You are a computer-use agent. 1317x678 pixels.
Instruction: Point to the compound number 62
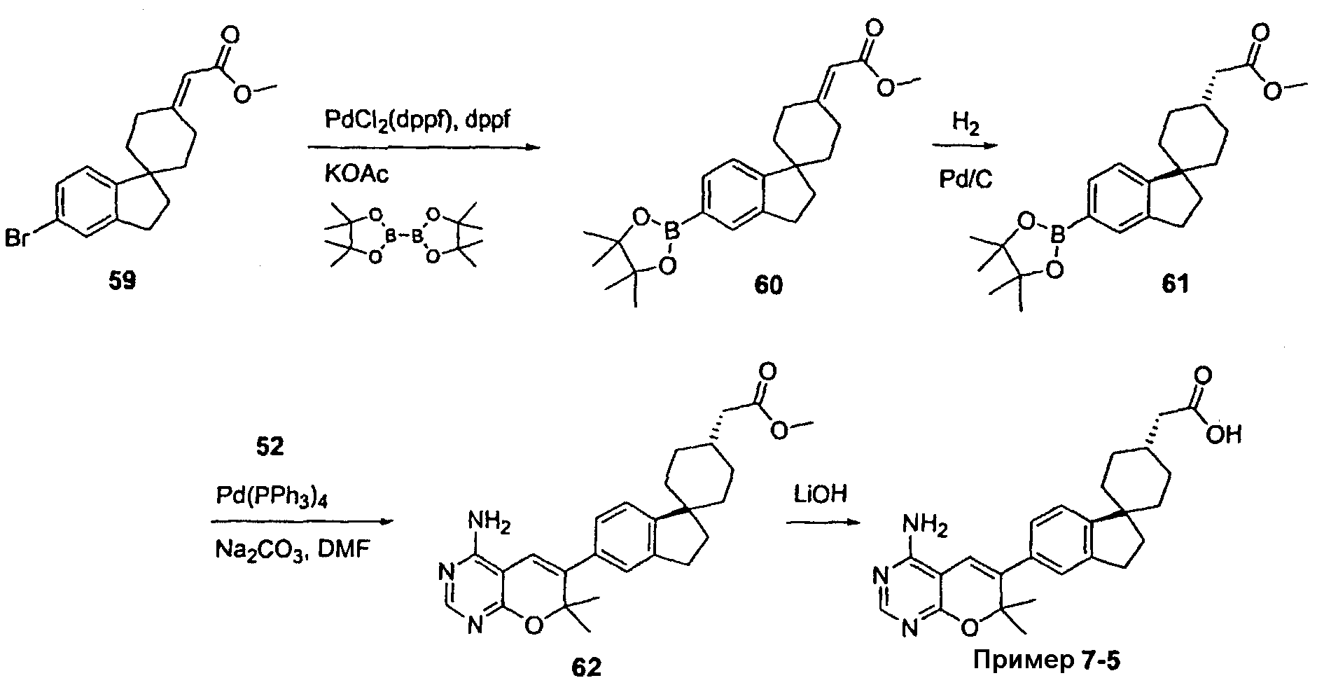point(587,667)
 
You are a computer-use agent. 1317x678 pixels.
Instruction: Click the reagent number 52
point(270,447)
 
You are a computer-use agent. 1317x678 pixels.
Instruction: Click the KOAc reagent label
point(356,174)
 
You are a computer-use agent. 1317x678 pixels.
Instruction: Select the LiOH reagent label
point(820,494)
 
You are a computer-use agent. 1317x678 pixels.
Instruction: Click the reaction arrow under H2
point(965,146)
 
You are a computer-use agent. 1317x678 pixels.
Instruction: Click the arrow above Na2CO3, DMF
point(301,522)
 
